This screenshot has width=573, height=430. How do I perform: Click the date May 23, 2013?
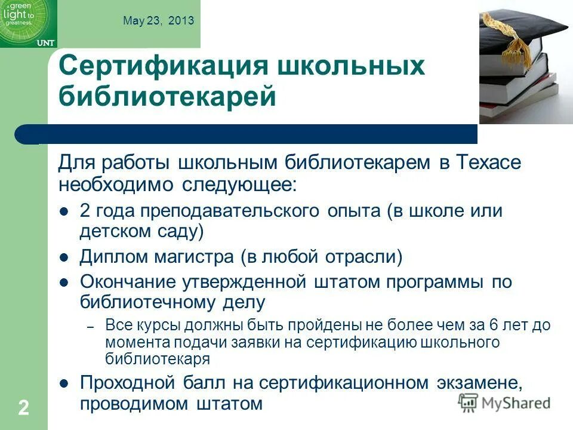158,20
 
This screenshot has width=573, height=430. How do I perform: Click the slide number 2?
23,408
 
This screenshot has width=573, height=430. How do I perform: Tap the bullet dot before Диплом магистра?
66,258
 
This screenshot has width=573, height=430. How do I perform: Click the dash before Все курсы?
91,327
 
